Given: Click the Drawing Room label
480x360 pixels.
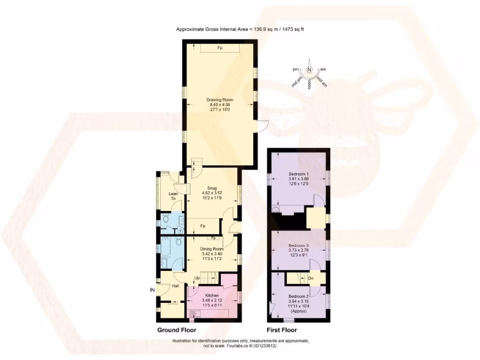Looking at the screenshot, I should tap(220, 100).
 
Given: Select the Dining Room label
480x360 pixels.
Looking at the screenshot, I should tap(212, 249).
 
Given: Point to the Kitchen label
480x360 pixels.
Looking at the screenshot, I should tap(211, 296).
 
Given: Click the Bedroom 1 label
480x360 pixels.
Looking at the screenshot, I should tap(298, 174).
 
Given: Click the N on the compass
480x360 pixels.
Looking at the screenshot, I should tap(309, 69).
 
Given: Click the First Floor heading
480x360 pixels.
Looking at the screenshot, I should tap(282, 330).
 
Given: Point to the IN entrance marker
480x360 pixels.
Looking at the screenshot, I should tap(152, 291).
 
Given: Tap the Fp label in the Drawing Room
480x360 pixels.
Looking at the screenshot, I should tap(219, 48).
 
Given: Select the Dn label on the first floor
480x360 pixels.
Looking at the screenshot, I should tap(310, 279).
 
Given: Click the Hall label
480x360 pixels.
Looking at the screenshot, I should tap(175, 286).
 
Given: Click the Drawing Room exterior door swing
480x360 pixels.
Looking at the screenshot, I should tap(263, 126).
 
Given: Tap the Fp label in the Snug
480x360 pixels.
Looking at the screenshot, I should tap(203, 226).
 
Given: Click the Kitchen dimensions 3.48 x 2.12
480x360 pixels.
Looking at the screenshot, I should tap(211, 300).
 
